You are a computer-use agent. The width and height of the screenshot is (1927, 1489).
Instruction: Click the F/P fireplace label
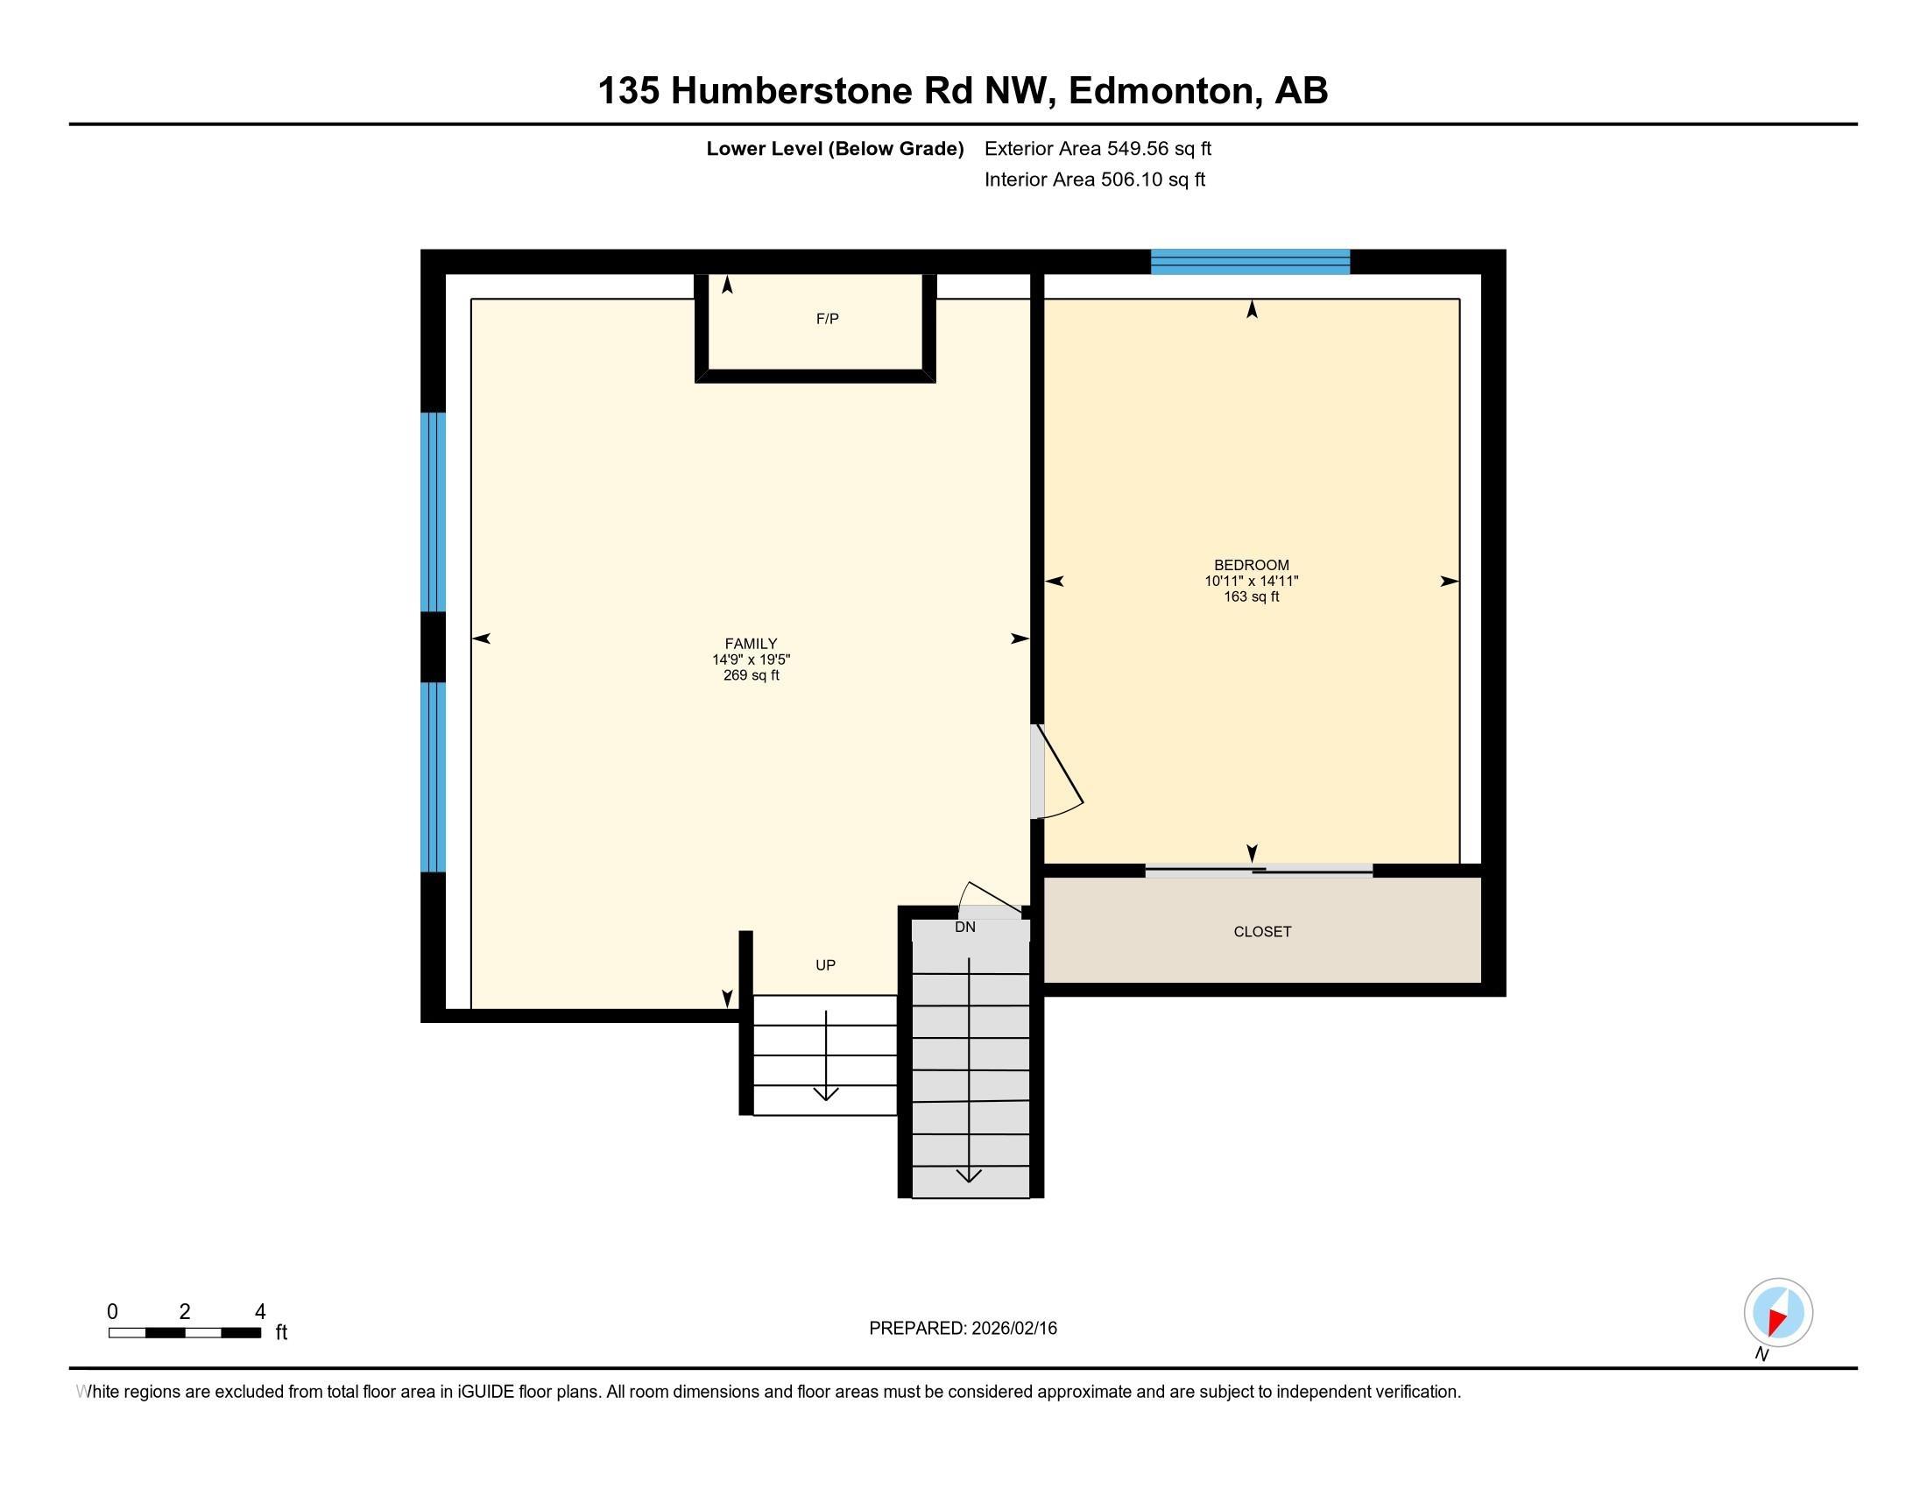(827, 320)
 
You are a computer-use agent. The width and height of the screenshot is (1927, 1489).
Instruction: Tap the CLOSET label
(1261, 932)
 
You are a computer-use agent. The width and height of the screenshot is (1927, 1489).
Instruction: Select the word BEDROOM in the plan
(1251, 566)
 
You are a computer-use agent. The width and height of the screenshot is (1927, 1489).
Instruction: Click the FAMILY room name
(751, 644)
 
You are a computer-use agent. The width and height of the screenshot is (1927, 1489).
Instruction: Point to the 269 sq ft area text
(751, 675)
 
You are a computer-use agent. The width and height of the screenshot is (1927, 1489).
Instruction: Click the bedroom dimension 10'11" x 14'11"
(1251, 582)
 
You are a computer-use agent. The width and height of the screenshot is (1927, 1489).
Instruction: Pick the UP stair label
(825, 965)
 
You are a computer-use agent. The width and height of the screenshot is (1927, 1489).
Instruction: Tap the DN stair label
(964, 927)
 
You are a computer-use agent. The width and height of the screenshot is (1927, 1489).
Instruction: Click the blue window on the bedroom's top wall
(1249, 262)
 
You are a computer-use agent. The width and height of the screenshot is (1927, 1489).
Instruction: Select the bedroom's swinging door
(1057, 773)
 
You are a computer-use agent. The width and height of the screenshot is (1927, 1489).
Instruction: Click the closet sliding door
(1258, 871)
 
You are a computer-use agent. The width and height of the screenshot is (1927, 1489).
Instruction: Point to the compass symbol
(1778, 1313)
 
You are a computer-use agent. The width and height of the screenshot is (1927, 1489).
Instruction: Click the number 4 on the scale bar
(259, 1312)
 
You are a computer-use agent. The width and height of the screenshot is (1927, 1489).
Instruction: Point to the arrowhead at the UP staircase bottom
(826, 1095)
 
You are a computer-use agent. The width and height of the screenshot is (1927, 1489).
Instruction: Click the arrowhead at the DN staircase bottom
(969, 1175)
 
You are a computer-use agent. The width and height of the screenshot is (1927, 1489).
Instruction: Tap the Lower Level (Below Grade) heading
(834, 149)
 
